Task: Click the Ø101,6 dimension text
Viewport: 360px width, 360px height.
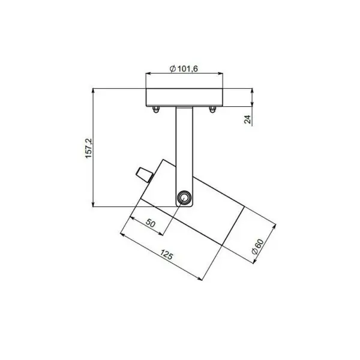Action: point(184,68)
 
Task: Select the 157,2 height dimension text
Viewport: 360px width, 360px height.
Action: point(89,148)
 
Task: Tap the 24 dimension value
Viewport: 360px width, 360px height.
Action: point(248,119)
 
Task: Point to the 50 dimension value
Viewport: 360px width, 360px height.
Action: point(151,223)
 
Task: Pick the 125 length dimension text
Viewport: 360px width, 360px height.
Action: point(166,254)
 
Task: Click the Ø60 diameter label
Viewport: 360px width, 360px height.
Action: point(258,247)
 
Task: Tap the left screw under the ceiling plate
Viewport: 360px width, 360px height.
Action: point(156,110)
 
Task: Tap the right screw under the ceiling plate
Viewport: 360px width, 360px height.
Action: point(212,110)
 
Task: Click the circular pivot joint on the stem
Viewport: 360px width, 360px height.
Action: point(184,197)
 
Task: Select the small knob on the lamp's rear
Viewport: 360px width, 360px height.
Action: point(145,175)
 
